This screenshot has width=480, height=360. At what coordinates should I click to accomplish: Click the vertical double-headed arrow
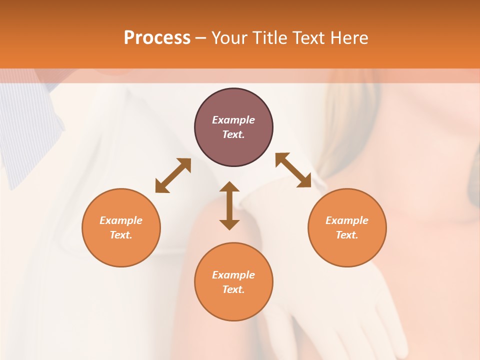pyautogui.click(x=229, y=205)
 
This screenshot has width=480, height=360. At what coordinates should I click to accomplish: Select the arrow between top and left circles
pyautogui.click(x=173, y=175)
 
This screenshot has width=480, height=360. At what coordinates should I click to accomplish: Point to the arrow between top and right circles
pyautogui.click(x=293, y=170)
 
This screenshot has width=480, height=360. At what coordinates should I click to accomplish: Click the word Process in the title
pyautogui.click(x=157, y=38)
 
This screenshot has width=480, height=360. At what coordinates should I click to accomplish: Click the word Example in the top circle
pyautogui.click(x=233, y=120)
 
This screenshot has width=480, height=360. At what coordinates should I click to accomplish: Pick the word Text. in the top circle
pyautogui.click(x=233, y=134)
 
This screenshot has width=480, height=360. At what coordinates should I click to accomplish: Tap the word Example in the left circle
pyautogui.click(x=121, y=220)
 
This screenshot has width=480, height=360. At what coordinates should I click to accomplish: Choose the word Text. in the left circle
pyautogui.click(x=121, y=235)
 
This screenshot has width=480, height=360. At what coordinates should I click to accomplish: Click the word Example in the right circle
pyautogui.click(x=347, y=220)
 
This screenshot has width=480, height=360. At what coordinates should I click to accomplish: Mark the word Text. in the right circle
pyautogui.click(x=347, y=235)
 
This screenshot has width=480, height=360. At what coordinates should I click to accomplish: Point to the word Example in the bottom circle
pyautogui.click(x=233, y=275)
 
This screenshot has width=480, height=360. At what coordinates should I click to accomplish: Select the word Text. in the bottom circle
pyautogui.click(x=233, y=289)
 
